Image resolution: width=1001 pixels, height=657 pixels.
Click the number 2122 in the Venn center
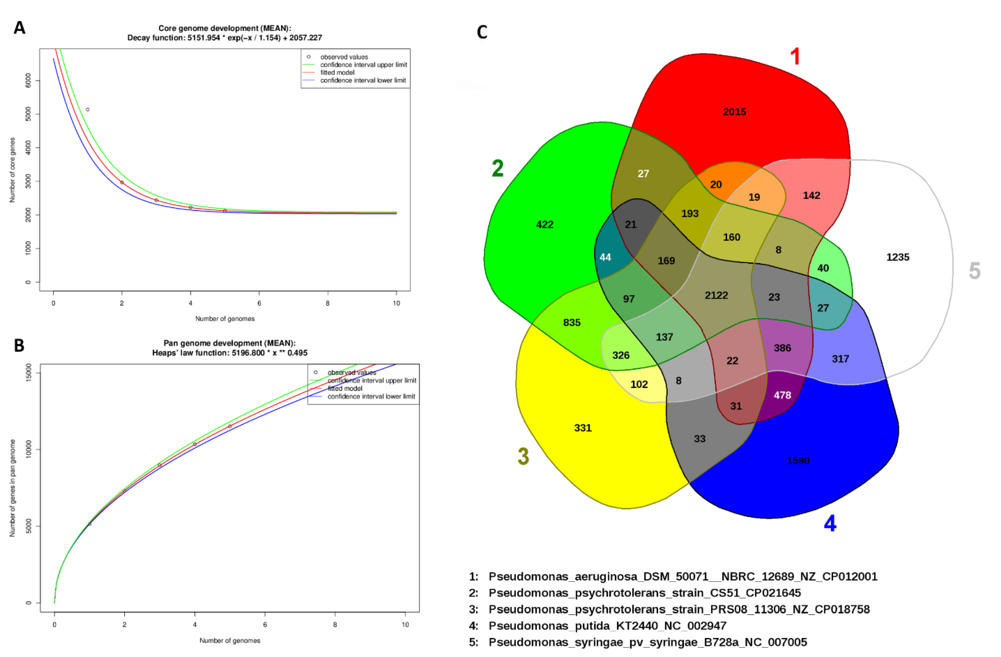click(716, 295)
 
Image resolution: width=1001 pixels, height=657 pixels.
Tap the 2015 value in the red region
click(734, 112)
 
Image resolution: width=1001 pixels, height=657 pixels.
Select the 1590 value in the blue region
click(798, 460)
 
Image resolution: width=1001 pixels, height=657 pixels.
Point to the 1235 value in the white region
click(897, 257)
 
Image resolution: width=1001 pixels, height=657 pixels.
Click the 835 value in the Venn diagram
click(572, 323)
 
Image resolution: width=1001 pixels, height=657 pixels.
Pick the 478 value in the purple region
click(782, 395)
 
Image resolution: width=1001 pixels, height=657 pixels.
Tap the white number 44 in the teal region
click(605, 257)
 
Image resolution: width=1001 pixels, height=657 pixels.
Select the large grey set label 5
click(975, 271)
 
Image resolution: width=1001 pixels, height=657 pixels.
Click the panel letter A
click(19, 28)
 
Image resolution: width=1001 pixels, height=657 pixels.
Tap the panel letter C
click(482, 32)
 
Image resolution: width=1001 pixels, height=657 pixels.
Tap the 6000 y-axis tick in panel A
click(28, 80)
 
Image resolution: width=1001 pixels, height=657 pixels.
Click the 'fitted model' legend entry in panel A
click(337, 72)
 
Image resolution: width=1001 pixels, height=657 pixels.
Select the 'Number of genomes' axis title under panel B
click(230, 641)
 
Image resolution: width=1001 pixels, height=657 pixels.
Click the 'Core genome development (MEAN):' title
click(225, 28)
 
